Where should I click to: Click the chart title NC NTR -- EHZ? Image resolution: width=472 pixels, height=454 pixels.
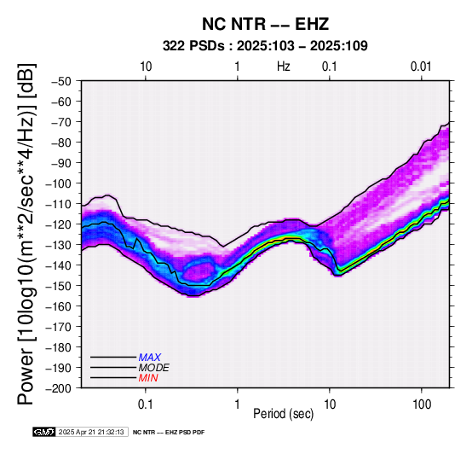point(265,24)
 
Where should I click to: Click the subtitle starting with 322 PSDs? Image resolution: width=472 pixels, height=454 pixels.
point(265,46)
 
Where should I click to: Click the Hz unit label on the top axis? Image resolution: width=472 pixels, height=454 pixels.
point(283,67)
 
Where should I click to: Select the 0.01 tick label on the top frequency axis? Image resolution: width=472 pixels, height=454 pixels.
point(421,67)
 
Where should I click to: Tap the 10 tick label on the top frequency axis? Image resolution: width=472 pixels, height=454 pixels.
point(146,67)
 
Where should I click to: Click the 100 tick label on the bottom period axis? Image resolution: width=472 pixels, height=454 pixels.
point(422,405)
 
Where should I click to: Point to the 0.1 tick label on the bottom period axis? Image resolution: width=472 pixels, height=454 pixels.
point(145,405)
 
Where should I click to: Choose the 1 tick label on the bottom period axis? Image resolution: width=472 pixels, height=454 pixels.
point(238,405)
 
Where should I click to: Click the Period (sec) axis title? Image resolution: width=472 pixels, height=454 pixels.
point(283,414)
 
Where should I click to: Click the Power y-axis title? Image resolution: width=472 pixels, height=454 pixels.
point(26,234)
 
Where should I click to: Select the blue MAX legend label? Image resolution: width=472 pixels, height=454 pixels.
point(150,358)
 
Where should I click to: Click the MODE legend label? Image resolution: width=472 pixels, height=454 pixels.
point(154,368)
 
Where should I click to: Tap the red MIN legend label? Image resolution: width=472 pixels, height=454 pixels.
point(148,378)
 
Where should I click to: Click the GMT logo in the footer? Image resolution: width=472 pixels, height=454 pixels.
point(44,432)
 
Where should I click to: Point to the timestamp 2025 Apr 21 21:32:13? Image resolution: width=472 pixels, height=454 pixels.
point(91,432)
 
